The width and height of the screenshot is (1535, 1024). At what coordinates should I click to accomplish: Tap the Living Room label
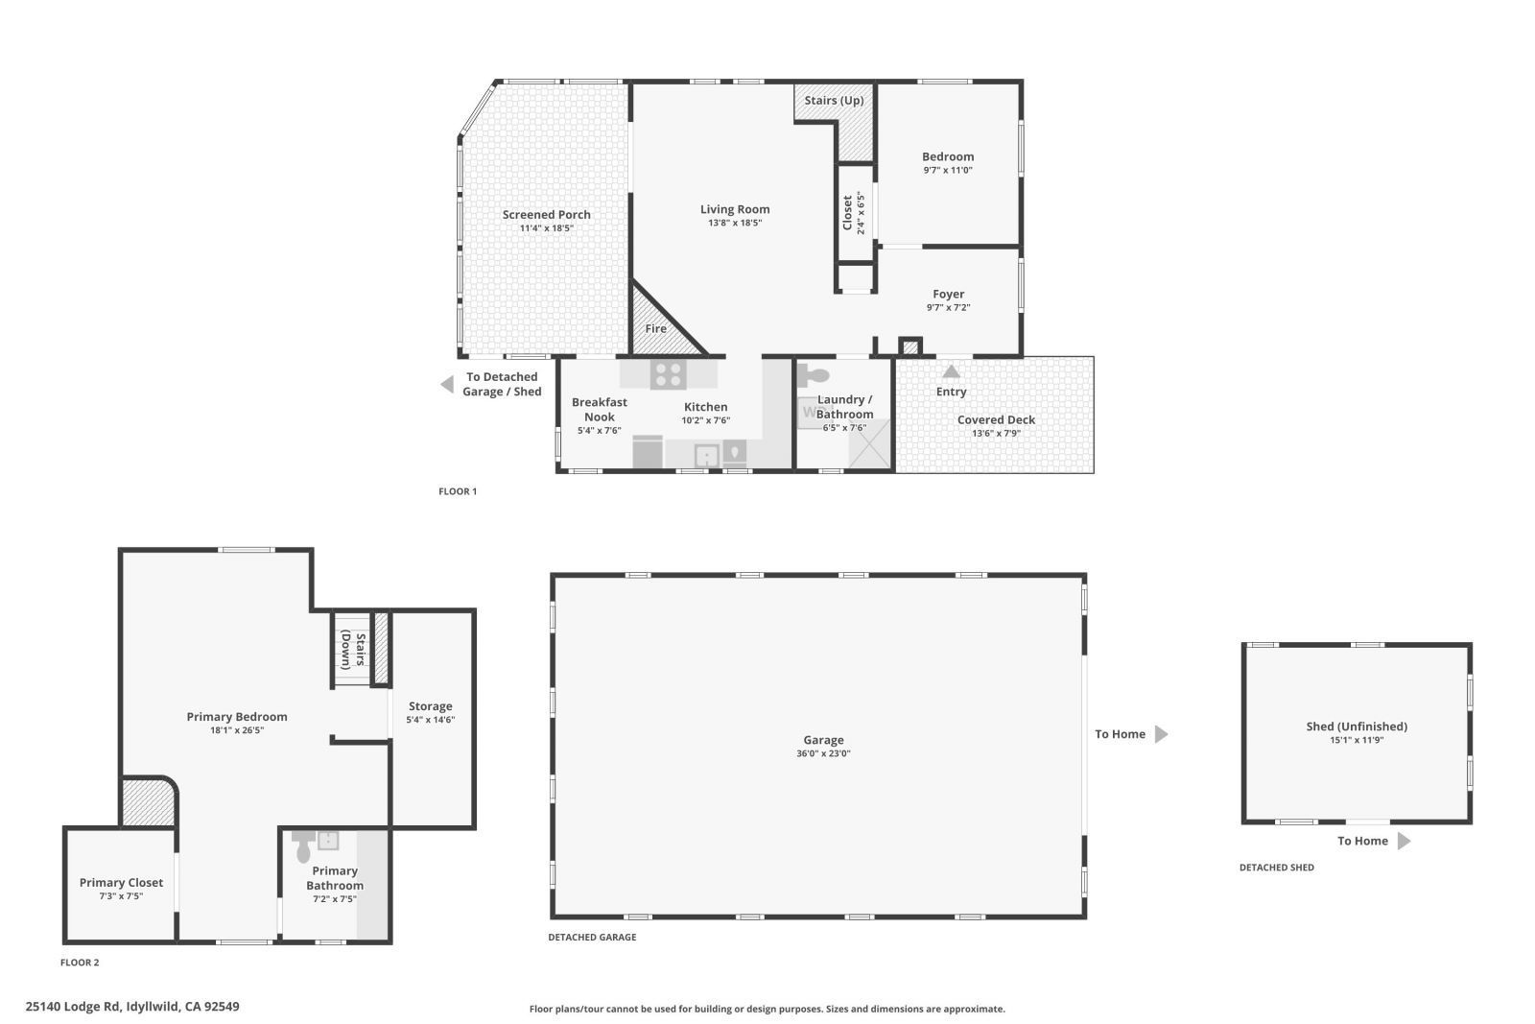(x=734, y=209)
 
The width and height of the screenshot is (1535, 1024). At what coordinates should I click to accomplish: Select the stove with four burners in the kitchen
(x=668, y=373)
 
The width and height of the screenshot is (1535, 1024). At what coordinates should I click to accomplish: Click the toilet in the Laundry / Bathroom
(x=815, y=375)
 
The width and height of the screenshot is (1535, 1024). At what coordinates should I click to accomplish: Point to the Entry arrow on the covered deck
(x=951, y=371)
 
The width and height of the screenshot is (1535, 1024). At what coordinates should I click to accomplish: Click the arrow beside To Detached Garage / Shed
(x=446, y=385)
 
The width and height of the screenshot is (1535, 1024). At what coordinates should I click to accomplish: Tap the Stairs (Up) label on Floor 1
(x=834, y=100)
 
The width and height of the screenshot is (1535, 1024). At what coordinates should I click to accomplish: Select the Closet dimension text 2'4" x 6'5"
(x=861, y=213)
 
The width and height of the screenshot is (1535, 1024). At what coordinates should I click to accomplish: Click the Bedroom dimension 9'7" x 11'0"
(x=948, y=170)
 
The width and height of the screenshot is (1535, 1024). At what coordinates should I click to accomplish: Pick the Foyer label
(x=948, y=294)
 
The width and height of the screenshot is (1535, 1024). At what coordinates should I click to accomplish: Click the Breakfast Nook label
(x=599, y=409)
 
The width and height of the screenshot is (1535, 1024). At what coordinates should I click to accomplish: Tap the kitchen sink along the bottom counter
(x=707, y=455)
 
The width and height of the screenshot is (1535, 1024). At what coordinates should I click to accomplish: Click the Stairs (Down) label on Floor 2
(x=352, y=649)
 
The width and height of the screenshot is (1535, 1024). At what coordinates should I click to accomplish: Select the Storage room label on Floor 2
(x=430, y=705)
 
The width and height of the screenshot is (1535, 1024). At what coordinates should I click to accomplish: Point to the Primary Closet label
(x=121, y=882)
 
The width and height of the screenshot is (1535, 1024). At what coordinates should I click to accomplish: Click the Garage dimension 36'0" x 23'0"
(x=823, y=753)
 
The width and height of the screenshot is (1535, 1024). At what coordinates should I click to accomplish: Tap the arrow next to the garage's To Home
(x=1161, y=734)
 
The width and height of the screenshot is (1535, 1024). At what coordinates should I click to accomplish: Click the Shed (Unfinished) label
(x=1357, y=726)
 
